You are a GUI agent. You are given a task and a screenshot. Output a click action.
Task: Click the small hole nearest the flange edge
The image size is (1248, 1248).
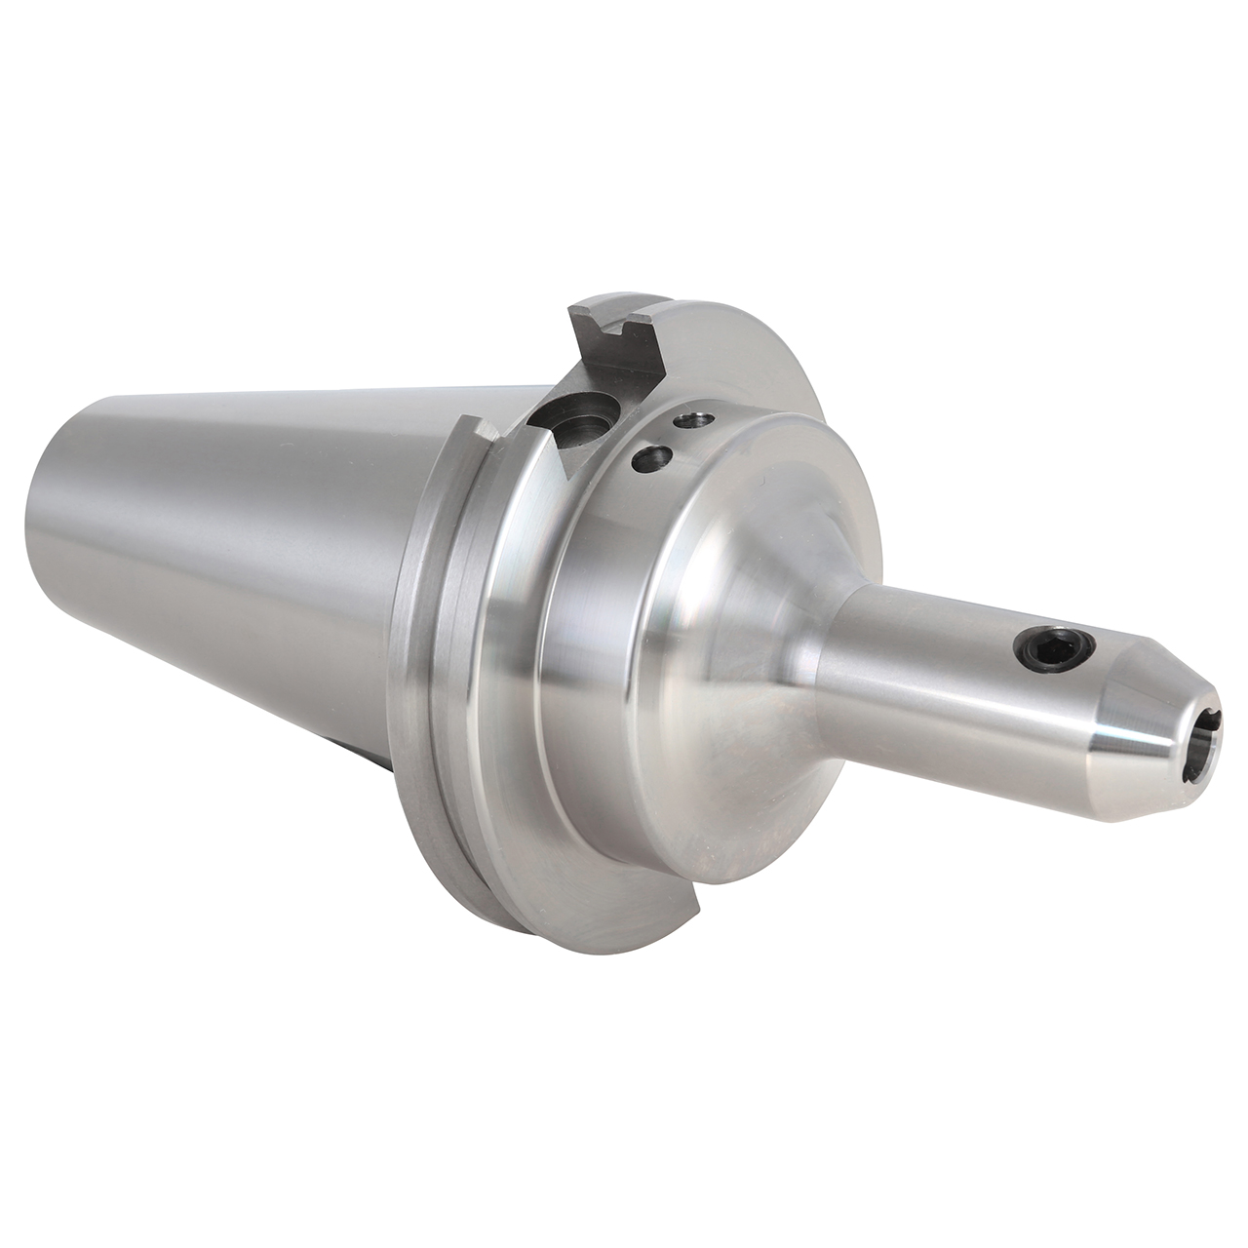[695, 420]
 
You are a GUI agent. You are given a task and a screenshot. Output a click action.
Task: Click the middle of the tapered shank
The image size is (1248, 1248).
[244, 546]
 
